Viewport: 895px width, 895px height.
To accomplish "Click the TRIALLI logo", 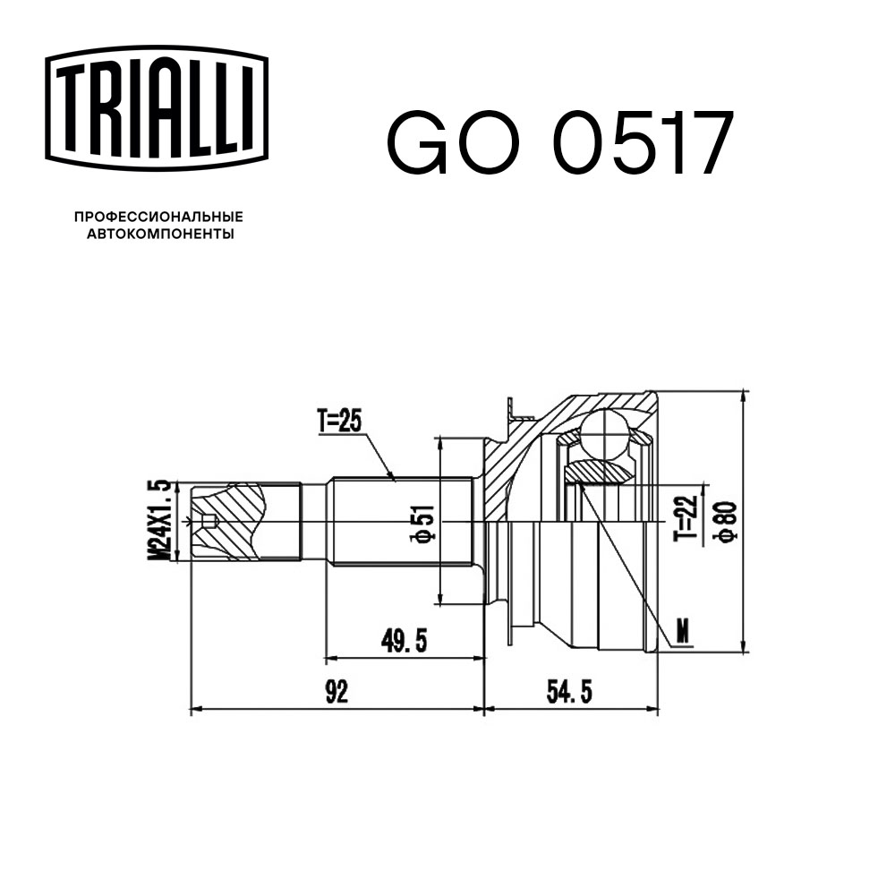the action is (157, 108).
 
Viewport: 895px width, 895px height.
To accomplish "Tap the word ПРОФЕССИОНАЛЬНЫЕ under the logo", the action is (158, 217).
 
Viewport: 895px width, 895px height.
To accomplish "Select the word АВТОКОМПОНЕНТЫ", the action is (160, 234).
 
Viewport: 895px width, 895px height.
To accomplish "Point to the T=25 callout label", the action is (340, 422).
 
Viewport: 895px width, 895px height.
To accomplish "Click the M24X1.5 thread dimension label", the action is (159, 519).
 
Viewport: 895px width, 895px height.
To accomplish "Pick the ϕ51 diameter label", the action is (424, 523).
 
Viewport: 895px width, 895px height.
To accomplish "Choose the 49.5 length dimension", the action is (405, 641).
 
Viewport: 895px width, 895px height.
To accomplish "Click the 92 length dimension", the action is (337, 692).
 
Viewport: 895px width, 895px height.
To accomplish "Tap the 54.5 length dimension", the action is (569, 692).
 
